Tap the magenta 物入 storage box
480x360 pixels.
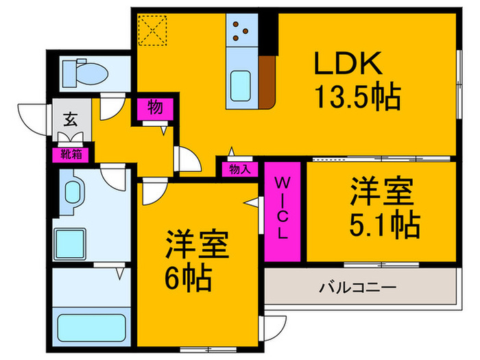tap(239, 168)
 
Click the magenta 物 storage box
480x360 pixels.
tap(155, 108)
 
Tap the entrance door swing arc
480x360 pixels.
tap(31, 115)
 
